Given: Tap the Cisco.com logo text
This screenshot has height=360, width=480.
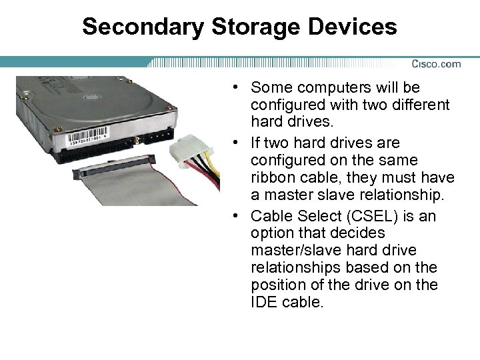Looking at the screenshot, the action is [436, 64].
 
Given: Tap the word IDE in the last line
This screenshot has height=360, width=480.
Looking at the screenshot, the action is [263, 302].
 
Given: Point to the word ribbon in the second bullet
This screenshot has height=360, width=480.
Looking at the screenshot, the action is [271, 178].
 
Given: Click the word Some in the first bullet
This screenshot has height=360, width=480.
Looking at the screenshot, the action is [269, 88].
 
